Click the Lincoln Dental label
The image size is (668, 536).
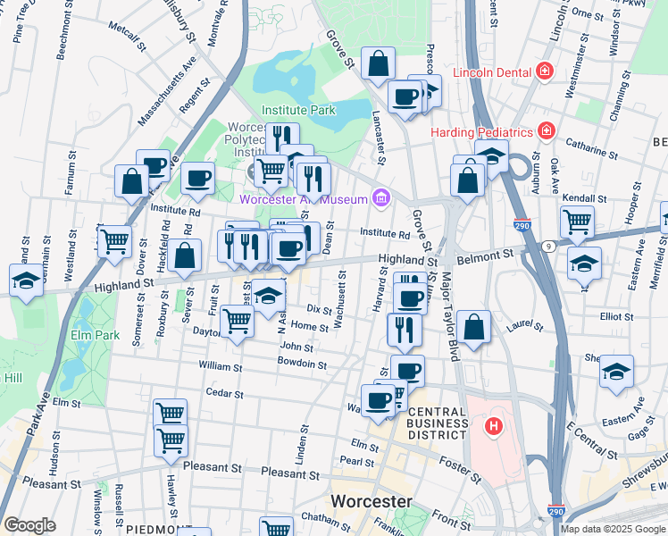point(491,71)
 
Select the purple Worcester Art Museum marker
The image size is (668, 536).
point(381,198)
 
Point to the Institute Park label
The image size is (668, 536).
point(298,111)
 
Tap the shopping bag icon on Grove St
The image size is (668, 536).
point(379,63)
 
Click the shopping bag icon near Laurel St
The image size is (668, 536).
point(476,327)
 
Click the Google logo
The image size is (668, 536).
point(29,525)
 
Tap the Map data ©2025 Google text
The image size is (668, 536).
point(612,529)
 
